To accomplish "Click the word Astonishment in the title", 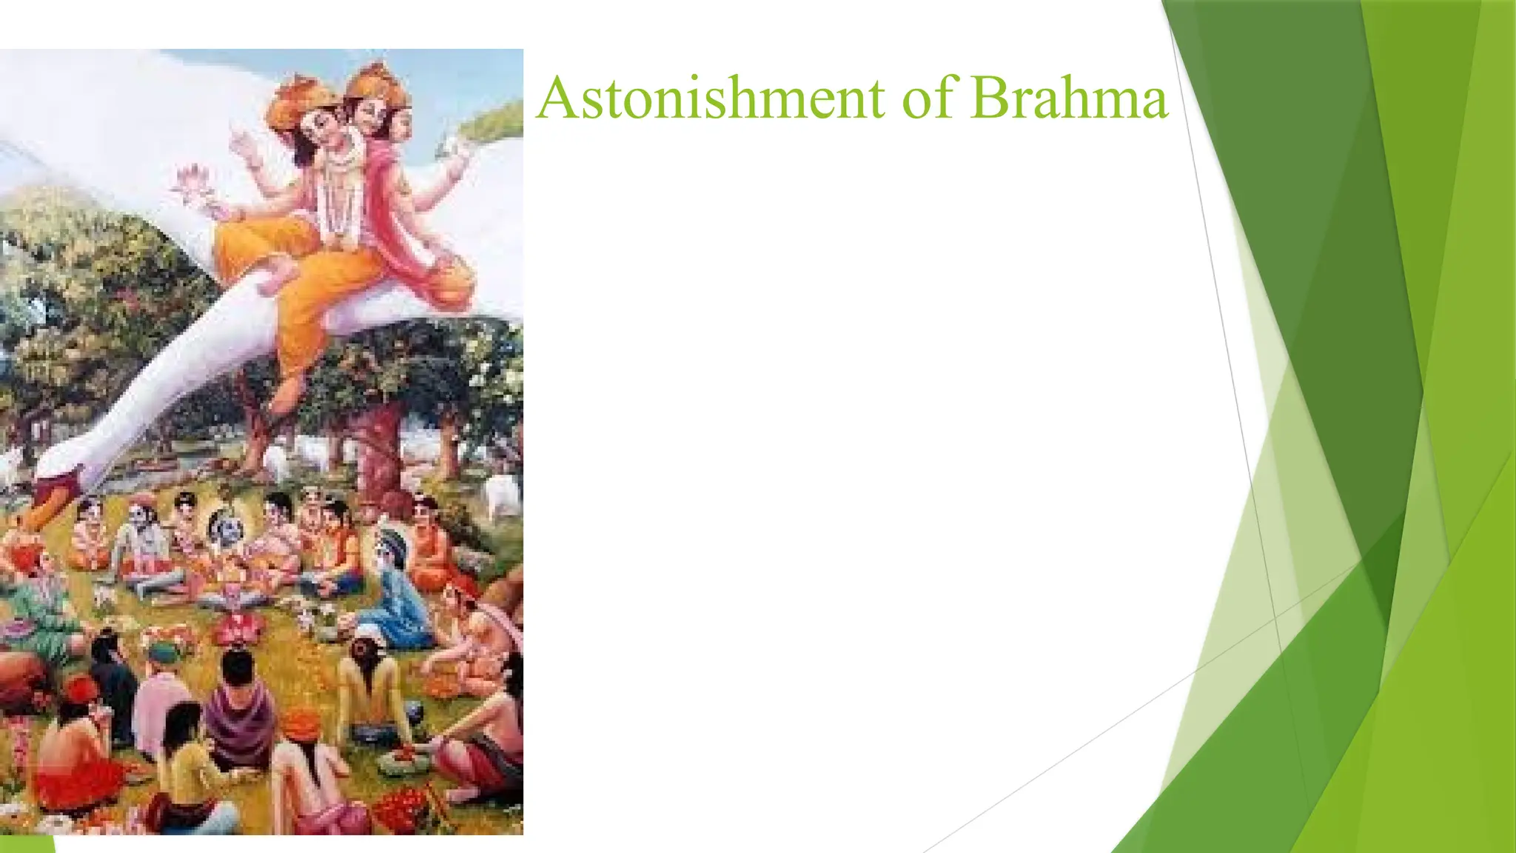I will (711, 98).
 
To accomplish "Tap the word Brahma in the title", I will (1069, 98).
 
